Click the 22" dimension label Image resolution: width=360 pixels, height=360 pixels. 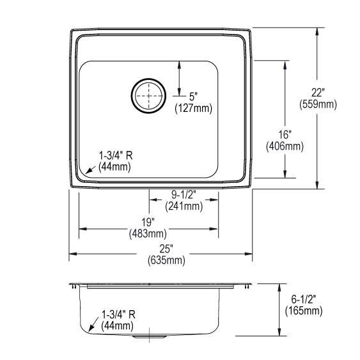click(x=318, y=93)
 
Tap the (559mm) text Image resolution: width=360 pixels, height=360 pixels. click(x=318, y=104)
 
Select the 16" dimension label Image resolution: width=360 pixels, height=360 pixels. click(x=285, y=134)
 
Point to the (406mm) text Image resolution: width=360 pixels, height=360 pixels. click(x=285, y=146)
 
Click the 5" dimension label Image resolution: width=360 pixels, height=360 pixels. click(x=193, y=97)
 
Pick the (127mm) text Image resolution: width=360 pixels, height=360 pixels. click(x=193, y=108)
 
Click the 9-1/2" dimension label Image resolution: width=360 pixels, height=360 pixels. click(x=184, y=195)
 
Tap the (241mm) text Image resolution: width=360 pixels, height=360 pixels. click(x=184, y=206)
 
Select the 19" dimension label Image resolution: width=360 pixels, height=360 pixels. click(x=148, y=223)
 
